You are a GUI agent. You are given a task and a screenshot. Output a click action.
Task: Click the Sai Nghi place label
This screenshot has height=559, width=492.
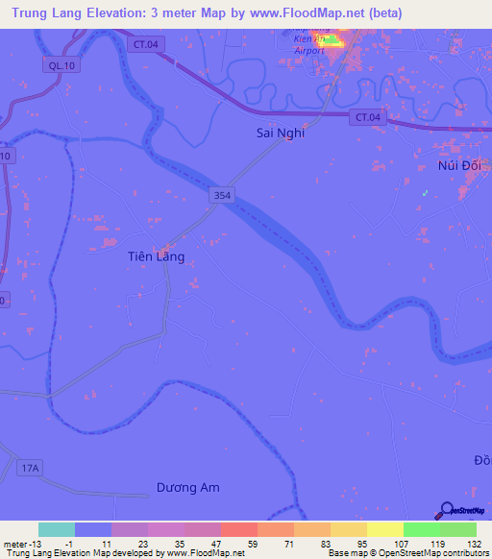coord(280,134)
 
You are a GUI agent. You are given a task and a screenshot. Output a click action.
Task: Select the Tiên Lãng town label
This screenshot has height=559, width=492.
coord(156,256)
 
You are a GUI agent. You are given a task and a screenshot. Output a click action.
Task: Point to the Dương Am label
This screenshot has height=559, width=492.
coord(188,488)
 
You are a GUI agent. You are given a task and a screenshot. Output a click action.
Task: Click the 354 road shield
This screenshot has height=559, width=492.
coord(222,195)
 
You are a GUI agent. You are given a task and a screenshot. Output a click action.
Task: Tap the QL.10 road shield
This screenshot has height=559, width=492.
coord(58,65)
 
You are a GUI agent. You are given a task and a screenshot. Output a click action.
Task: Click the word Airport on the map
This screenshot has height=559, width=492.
coord(309,50)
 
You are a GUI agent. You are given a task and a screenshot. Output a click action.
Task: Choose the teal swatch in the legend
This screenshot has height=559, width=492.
coord(57,529)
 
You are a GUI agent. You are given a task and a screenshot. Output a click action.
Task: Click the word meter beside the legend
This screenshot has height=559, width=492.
coord(15,543)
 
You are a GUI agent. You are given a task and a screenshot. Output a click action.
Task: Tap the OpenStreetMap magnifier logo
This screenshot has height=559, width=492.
coord(446,510)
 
